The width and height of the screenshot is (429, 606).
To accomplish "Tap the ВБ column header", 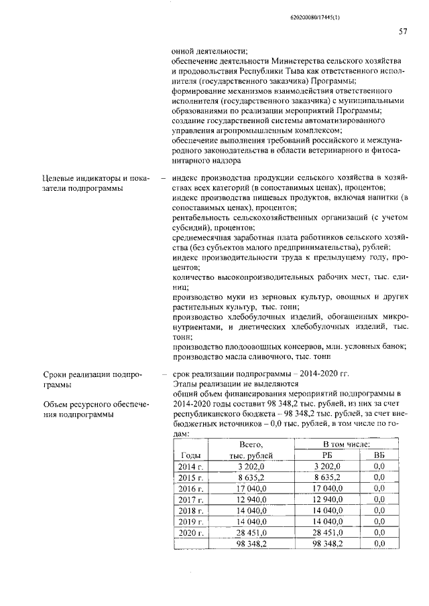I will [378, 455].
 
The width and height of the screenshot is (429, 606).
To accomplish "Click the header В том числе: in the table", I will [344, 444].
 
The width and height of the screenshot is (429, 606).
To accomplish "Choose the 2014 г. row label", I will [191, 467].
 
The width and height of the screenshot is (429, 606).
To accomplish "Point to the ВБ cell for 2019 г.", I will [378, 521].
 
